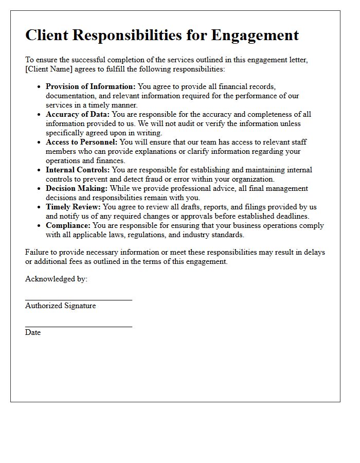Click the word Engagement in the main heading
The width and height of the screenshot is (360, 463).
(x=255, y=35)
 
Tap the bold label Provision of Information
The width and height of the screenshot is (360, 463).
(x=91, y=86)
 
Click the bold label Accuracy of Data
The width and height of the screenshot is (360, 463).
(x=78, y=114)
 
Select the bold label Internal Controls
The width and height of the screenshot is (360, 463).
(x=78, y=170)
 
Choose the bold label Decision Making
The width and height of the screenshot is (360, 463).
(x=77, y=188)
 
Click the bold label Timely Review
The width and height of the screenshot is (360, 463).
(x=73, y=207)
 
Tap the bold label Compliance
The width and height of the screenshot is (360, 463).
(x=67, y=225)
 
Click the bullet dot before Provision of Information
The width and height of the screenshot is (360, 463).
(x=39, y=87)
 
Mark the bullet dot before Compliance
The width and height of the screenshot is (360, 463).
(x=39, y=226)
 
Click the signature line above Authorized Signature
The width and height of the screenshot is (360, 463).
(x=78, y=299)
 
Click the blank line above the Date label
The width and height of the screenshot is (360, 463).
(x=78, y=326)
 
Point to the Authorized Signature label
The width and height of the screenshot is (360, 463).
(x=60, y=306)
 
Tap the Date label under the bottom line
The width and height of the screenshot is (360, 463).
(x=33, y=332)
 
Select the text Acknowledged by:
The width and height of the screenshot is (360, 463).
(x=56, y=279)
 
